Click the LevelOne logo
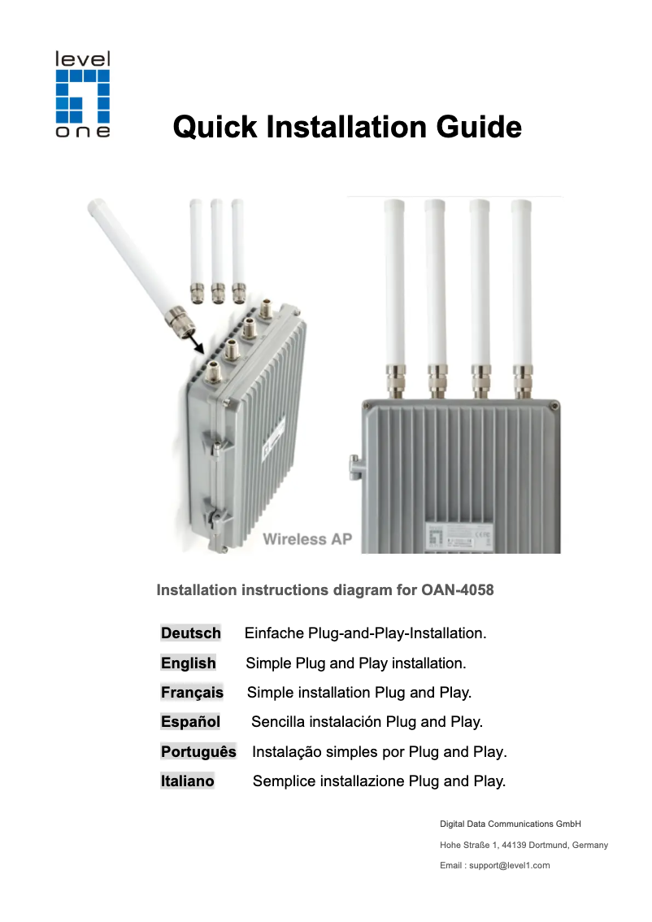coord(82,94)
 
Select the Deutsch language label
coord(191,633)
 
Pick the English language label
coord(189,663)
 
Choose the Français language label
coord(192,693)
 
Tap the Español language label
coord(190,722)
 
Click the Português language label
coord(198,752)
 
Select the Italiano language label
coord(188,781)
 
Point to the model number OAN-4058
coord(458,589)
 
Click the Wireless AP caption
coord(306,540)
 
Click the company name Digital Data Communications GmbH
coord(510,824)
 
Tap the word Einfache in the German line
coord(275,633)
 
